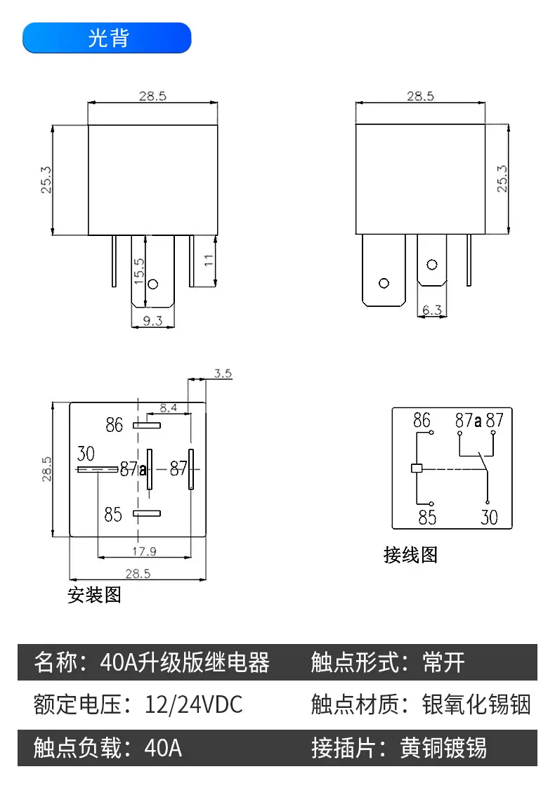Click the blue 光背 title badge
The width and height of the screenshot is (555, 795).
(x=107, y=38)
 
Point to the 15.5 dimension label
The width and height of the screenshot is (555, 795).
(x=138, y=271)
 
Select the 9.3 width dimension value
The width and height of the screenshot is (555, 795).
(x=152, y=321)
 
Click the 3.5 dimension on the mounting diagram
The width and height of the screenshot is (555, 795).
(x=223, y=374)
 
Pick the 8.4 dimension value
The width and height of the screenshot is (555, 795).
(x=169, y=407)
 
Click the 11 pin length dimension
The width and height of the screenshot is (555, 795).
(x=209, y=261)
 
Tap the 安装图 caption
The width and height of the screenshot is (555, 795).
(x=94, y=596)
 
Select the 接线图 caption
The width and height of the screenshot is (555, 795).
(x=410, y=555)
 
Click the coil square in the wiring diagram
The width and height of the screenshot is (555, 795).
(x=416, y=468)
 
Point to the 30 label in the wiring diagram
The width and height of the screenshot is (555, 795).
(x=489, y=518)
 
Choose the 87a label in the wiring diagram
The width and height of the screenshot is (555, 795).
(x=468, y=421)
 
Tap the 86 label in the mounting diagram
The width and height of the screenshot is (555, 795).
(x=115, y=425)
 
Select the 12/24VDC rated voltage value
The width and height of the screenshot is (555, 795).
(x=193, y=704)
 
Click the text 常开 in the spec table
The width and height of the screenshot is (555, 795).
(x=443, y=662)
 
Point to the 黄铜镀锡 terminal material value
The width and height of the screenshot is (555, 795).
(x=443, y=748)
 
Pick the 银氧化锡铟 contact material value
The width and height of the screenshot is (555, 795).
(x=476, y=704)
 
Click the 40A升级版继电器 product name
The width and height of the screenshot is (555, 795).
(x=185, y=662)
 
